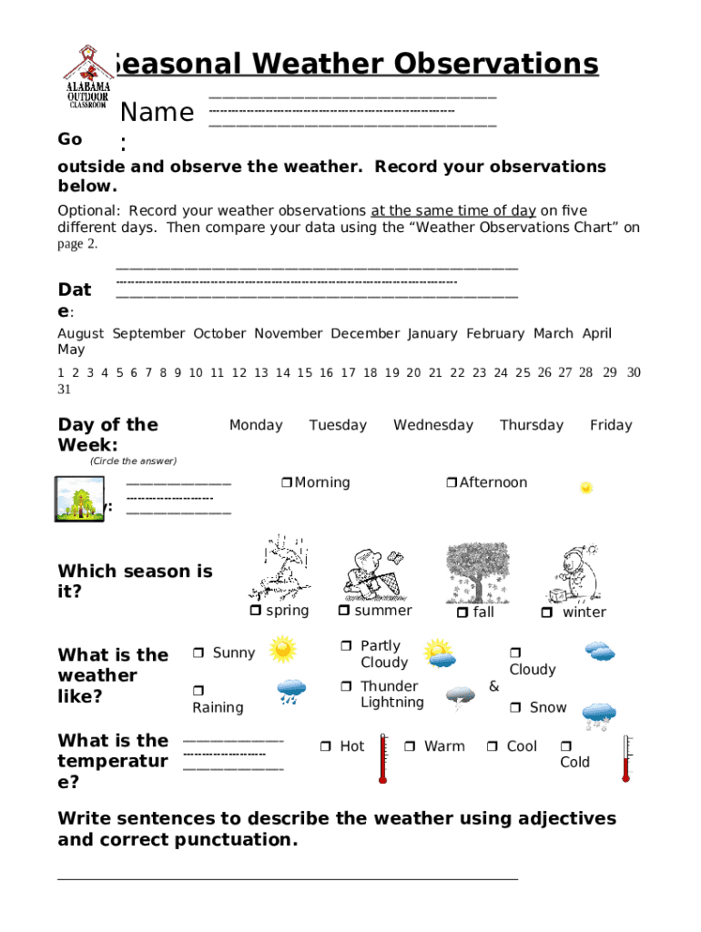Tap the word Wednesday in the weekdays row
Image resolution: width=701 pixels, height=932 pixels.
432,425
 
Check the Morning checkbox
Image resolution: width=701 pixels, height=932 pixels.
286,483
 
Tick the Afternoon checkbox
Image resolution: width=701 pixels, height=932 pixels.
451,483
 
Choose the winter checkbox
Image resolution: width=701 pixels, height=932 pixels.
547,613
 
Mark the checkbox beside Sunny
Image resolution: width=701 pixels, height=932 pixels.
198,653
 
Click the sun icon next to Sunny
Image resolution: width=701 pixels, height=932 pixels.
283,649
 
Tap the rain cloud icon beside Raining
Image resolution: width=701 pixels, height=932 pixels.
291,692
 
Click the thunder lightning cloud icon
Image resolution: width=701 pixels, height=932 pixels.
461,697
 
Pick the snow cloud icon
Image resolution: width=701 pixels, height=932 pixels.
600,715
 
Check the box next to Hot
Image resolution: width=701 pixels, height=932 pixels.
325,747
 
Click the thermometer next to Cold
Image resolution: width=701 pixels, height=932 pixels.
625,759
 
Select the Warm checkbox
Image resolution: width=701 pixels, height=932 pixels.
410,747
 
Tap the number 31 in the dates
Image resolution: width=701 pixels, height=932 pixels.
64,390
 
